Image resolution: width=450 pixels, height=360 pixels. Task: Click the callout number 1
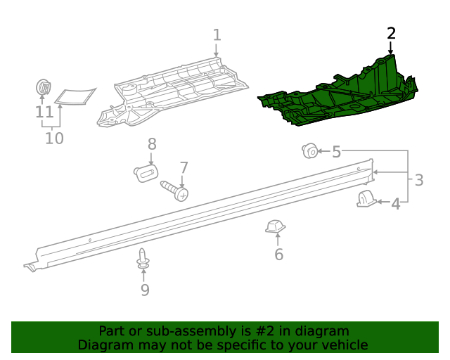pyautogui.click(x=217, y=34)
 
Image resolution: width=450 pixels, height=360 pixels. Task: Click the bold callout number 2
pyautogui.click(x=392, y=33)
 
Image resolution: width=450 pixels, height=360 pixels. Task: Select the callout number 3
pyautogui.click(x=418, y=180)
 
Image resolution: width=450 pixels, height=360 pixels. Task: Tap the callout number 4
pyautogui.click(x=395, y=204)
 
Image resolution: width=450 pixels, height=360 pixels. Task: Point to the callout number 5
pyautogui.click(x=336, y=151)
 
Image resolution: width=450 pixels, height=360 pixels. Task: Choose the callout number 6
pyautogui.click(x=278, y=254)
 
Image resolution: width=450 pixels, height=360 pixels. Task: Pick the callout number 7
pyautogui.click(x=184, y=167)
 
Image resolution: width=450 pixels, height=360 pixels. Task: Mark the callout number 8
pyautogui.click(x=152, y=144)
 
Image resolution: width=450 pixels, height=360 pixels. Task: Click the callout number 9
pyautogui.click(x=145, y=289)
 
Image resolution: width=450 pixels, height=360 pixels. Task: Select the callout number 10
pyautogui.click(x=54, y=138)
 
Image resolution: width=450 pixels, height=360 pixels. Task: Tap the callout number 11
pyautogui.click(x=44, y=112)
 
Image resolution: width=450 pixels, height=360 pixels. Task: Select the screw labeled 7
pyautogui.click(x=175, y=190)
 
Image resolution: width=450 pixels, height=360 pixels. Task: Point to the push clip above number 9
pyautogui.click(x=143, y=259)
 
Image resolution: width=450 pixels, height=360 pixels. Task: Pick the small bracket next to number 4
pyautogui.click(x=366, y=199)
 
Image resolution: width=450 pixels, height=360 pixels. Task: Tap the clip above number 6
pyautogui.click(x=274, y=226)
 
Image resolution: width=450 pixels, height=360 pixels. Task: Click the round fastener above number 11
pyautogui.click(x=44, y=89)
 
